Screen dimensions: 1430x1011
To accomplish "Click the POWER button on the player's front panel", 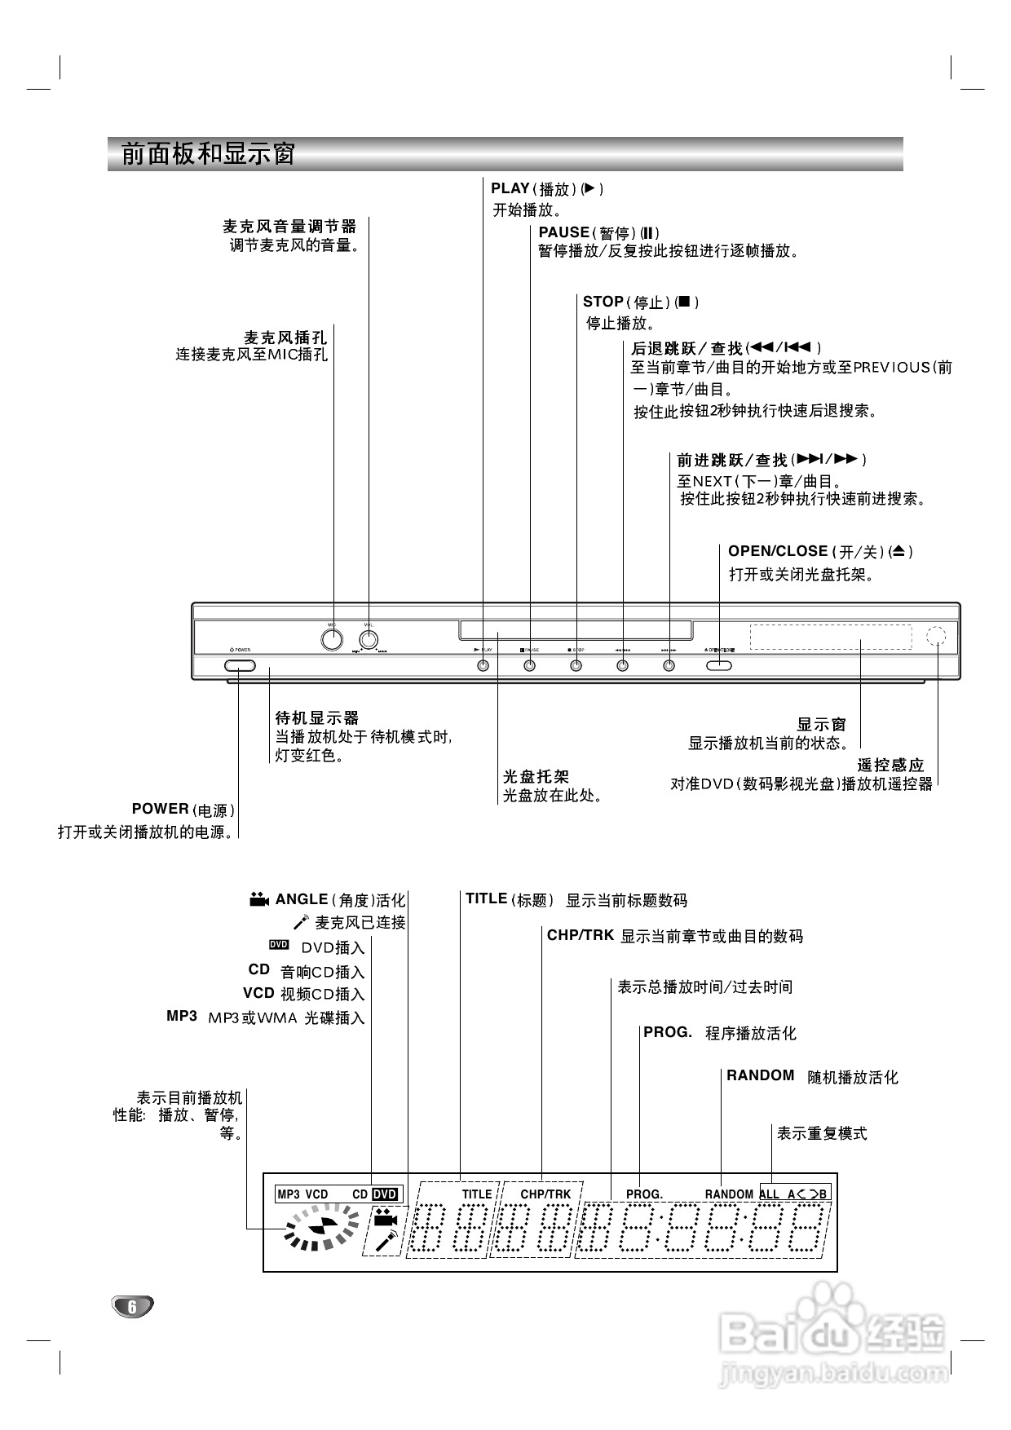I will tap(240, 665).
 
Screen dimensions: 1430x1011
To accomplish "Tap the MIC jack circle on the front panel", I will tap(332, 640).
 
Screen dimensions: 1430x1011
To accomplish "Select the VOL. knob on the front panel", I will tap(369, 640).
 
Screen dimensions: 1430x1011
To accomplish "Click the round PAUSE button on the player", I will tap(530, 665).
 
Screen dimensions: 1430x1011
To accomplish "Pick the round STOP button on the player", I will tap(576, 665).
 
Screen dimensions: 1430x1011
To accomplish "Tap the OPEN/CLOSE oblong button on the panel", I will tap(719, 665).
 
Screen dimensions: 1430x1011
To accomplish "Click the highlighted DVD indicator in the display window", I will tap(385, 1194).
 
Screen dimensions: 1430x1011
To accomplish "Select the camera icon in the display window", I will tap(386, 1217).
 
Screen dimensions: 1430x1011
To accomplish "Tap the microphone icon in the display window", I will tap(386, 1241).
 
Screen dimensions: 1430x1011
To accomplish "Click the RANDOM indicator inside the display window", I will tap(729, 1194).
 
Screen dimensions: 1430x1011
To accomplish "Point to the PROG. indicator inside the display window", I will tap(644, 1194).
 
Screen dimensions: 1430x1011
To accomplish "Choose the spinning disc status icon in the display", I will tap(321, 1229).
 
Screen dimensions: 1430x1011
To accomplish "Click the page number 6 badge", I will tap(133, 1306).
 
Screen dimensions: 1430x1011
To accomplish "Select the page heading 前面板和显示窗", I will tap(208, 154).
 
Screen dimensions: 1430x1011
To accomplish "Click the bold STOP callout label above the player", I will tap(603, 302).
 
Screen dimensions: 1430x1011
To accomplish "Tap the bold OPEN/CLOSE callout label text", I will tap(778, 551).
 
